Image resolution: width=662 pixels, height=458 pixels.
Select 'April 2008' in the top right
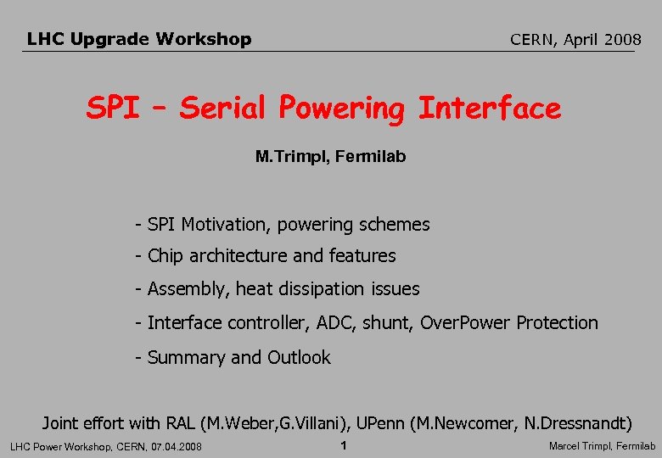point(603,39)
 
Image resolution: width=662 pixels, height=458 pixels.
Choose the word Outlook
point(299,358)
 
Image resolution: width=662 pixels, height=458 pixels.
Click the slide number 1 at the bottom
point(343,446)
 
